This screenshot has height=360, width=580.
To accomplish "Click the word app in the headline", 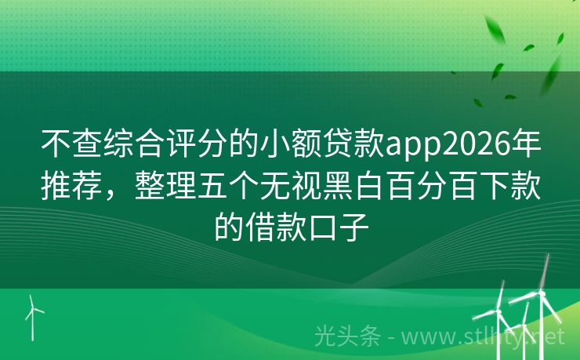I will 411,145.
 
